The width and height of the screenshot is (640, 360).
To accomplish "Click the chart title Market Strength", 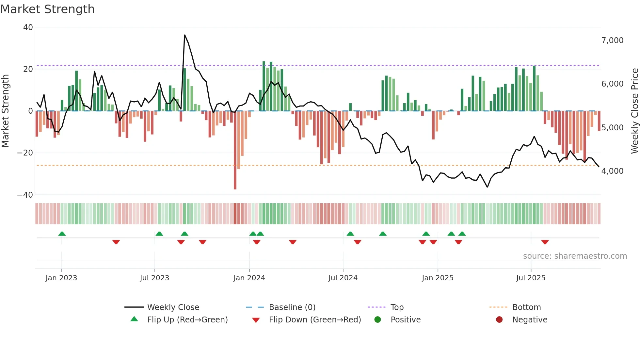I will [47, 9].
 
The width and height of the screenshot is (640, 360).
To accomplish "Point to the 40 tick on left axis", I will [28, 27].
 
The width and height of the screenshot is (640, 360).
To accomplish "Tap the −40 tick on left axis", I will [25, 195].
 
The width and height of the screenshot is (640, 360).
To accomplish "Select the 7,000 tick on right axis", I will [612, 41].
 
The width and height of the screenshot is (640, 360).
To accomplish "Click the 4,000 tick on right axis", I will [612, 171].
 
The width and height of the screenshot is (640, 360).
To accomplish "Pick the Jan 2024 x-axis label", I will [249, 278].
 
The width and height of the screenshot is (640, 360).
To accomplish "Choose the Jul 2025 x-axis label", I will [531, 278].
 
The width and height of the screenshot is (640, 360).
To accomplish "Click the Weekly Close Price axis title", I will [634, 111].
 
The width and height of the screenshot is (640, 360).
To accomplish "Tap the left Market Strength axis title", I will [6, 111].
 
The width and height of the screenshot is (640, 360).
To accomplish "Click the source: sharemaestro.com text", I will [575, 256].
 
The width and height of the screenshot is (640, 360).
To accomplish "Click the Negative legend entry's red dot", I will [499, 320].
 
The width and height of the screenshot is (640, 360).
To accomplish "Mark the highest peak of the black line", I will [184, 35].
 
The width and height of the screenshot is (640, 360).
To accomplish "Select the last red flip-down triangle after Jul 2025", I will [545, 242].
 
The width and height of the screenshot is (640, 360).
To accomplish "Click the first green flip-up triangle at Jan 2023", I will [62, 234].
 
